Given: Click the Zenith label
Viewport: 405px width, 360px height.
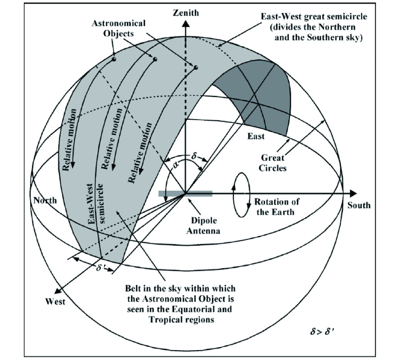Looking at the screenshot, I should pyautogui.click(x=185, y=13).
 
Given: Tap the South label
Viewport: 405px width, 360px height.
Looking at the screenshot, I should pyautogui.click(x=359, y=206).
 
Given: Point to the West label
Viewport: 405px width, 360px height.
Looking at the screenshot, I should pyautogui.click(x=55, y=301).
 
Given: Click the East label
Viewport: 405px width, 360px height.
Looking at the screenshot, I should pyautogui.click(x=256, y=136).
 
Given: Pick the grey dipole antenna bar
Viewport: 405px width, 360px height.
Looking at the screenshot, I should pyautogui.click(x=185, y=194).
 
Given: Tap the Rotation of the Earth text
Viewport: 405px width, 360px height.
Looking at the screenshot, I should pyautogui.click(x=277, y=207).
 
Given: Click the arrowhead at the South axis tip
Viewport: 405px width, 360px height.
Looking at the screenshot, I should pyautogui.click(x=354, y=194).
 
